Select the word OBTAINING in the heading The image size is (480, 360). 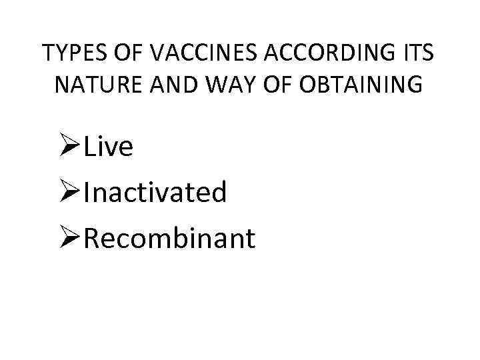[360, 85]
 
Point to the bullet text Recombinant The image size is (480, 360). [170, 238]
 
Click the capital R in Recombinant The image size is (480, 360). [93, 238]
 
